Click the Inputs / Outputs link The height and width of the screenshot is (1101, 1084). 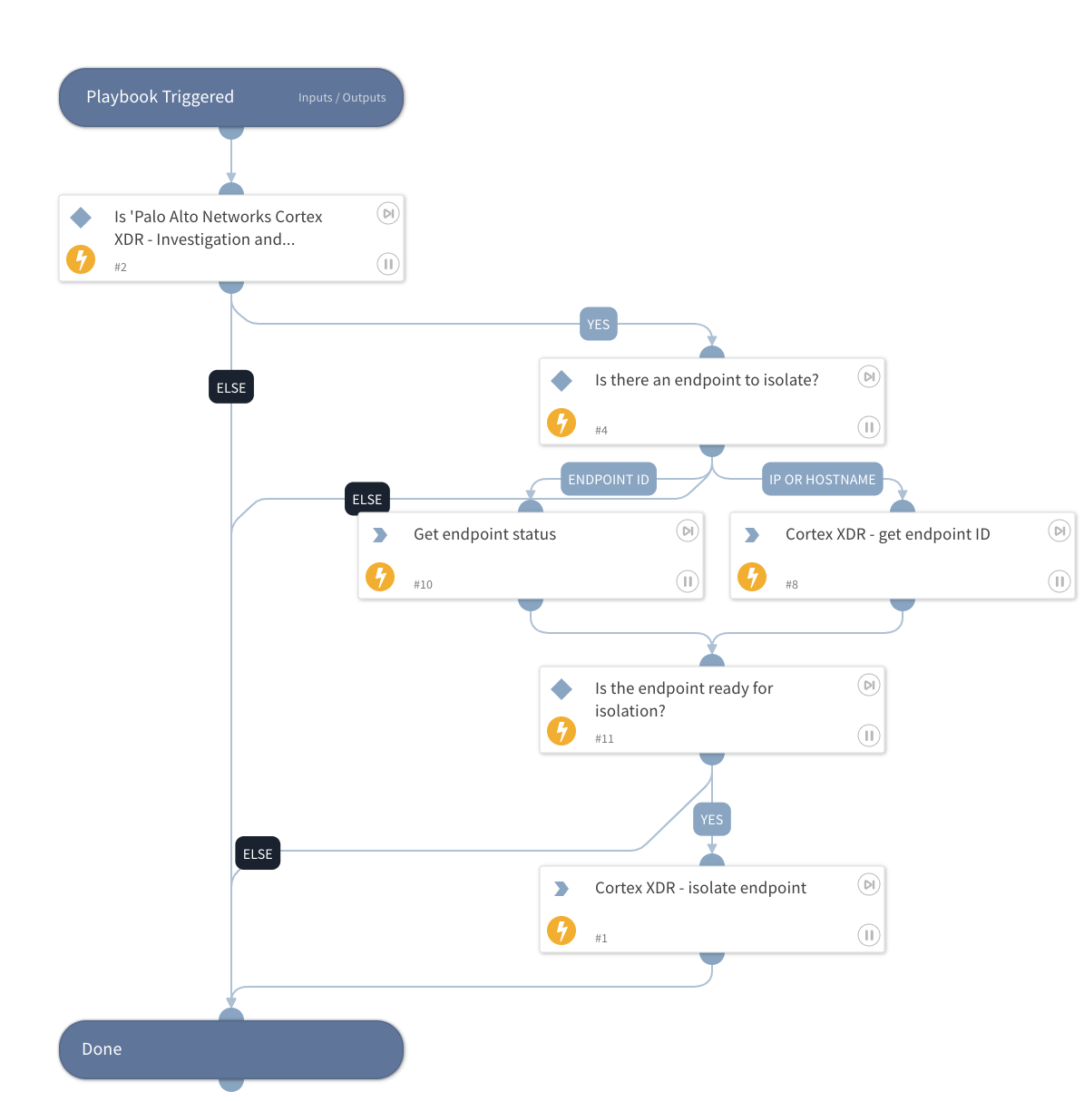(x=342, y=98)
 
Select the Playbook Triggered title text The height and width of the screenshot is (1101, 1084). (x=160, y=97)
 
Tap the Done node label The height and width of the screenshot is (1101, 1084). (x=102, y=1049)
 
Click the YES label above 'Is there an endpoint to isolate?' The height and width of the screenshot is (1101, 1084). (x=598, y=325)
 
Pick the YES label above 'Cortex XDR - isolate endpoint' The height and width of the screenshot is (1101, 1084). (x=711, y=820)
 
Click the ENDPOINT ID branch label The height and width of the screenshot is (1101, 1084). (x=609, y=480)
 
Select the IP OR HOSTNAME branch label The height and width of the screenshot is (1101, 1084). (x=822, y=480)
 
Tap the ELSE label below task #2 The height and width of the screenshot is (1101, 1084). (x=231, y=388)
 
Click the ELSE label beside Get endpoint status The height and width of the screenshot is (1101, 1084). (x=367, y=500)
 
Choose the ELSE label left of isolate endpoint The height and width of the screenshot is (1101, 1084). (x=258, y=854)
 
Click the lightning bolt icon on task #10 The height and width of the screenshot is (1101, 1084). (x=380, y=577)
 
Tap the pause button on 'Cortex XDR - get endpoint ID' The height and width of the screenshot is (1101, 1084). (x=1059, y=581)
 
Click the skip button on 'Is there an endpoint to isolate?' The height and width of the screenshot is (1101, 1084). (x=868, y=376)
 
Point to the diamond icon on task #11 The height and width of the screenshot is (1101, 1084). (x=562, y=689)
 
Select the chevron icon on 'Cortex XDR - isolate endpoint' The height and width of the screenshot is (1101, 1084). (x=562, y=889)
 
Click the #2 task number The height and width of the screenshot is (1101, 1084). (x=121, y=268)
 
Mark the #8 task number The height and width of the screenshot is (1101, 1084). (x=792, y=585)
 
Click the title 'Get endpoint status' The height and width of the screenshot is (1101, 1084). (x=484, y=534)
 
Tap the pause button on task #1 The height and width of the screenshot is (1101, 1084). (x=868, y=935)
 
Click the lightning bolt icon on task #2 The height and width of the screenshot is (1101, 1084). (x=81, y=259)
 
